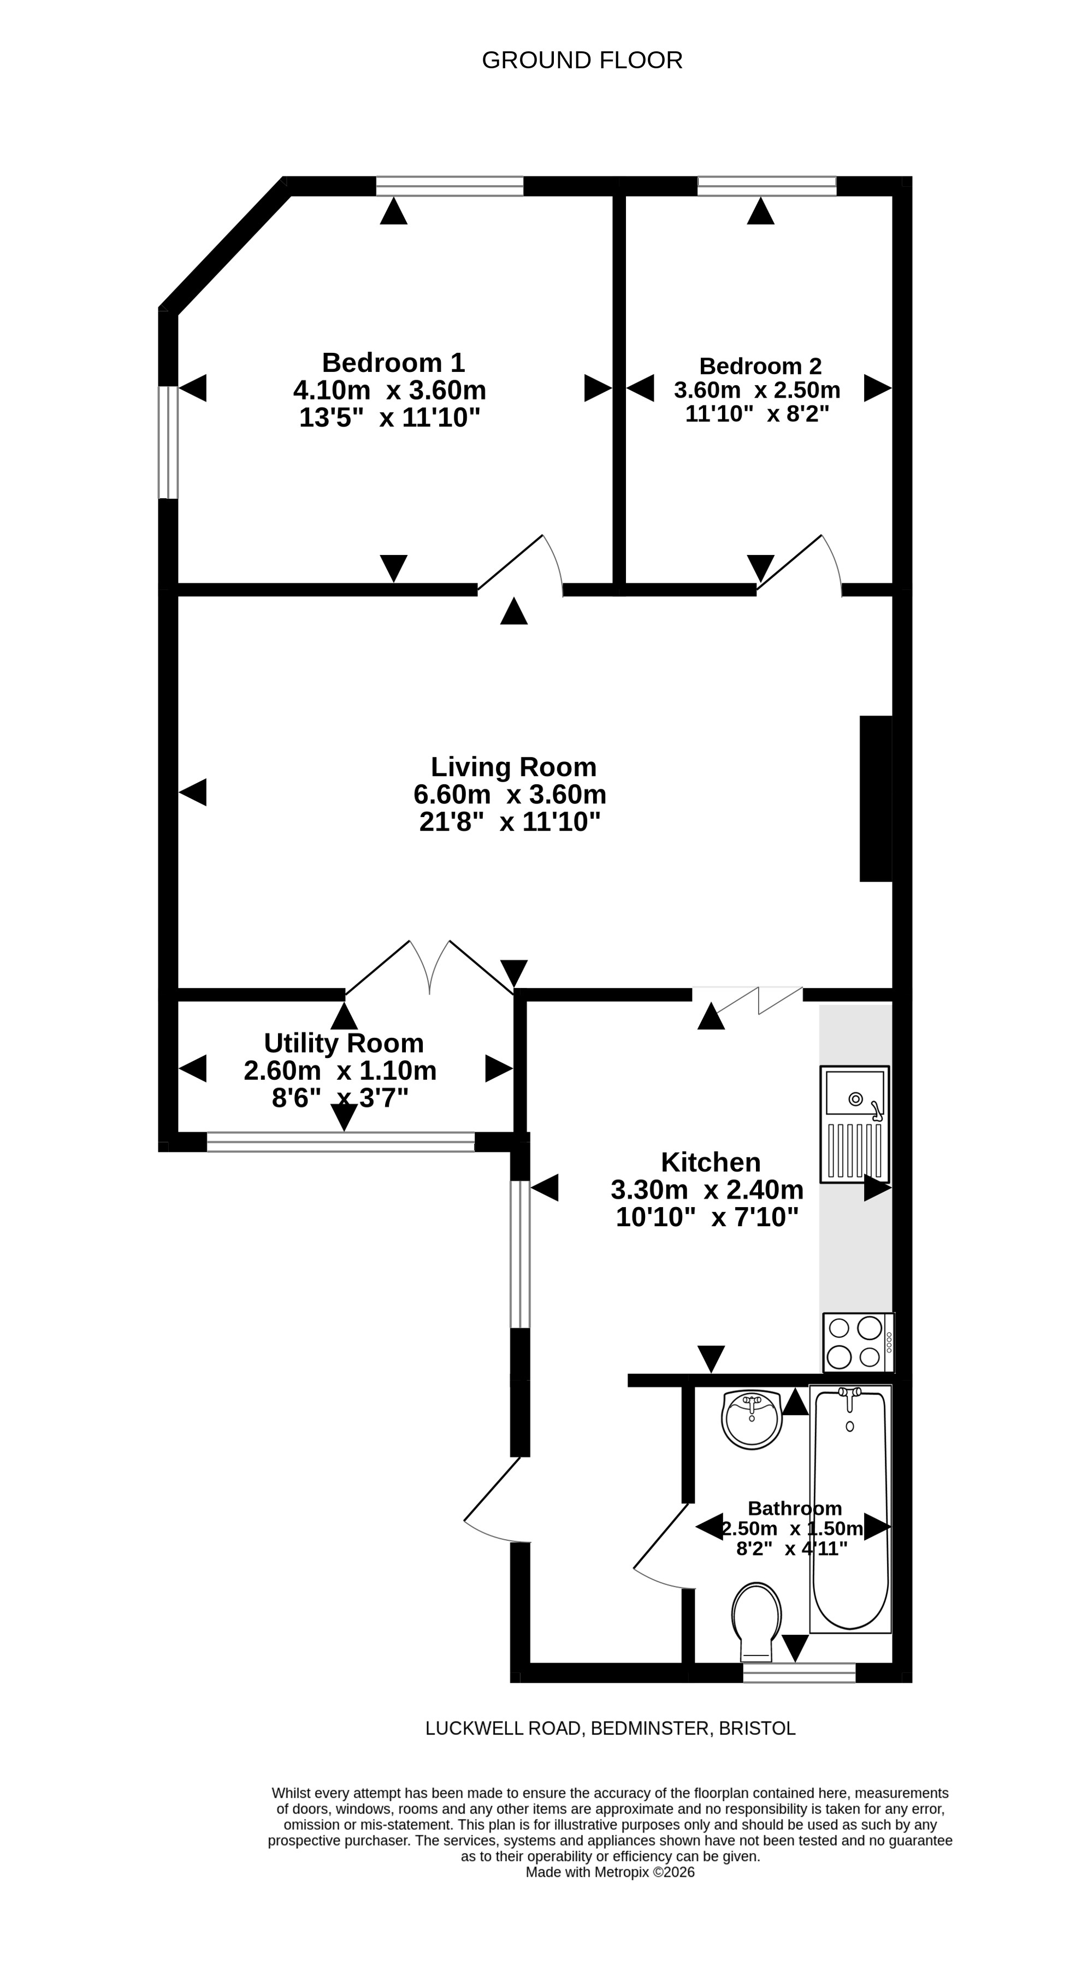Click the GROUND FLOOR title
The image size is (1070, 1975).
[582, 60]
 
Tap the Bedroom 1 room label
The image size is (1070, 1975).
[393, 363]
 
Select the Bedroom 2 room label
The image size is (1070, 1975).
[760, 366]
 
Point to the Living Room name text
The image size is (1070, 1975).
[513, 767]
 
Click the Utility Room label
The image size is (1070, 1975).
[344, 1043]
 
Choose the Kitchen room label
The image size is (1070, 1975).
[711, 1162]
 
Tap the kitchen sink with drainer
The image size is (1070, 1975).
[855, 1123]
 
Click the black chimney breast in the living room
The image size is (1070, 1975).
[876, 798]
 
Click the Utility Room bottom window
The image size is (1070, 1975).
[340, 1142]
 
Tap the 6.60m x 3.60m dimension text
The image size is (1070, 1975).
[510, 794]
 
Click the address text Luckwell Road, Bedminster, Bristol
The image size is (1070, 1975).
[610, 1728]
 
